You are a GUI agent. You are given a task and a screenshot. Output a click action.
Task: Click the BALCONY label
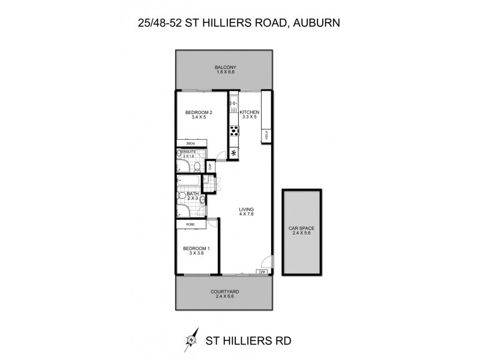(x=226, y=67)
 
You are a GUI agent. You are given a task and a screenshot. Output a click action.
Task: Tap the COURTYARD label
(x=226, y=292)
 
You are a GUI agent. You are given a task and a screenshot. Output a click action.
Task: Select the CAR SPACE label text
(x=302, y=229)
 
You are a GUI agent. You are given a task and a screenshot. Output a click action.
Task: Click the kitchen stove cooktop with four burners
(x=233, y=131)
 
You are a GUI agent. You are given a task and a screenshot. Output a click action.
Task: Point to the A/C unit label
(x=262, y=272)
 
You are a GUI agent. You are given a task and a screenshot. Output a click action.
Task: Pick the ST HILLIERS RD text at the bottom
(x=248, y=340)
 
